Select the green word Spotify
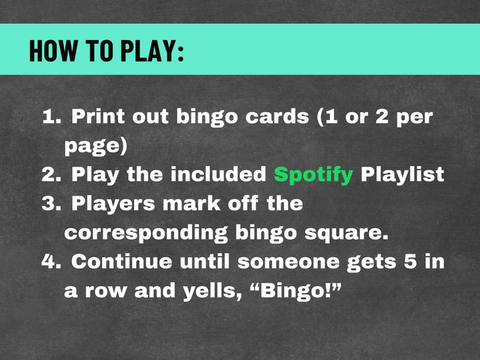coord(313,175)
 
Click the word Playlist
coord(402,175)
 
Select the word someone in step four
coord(289,262)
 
